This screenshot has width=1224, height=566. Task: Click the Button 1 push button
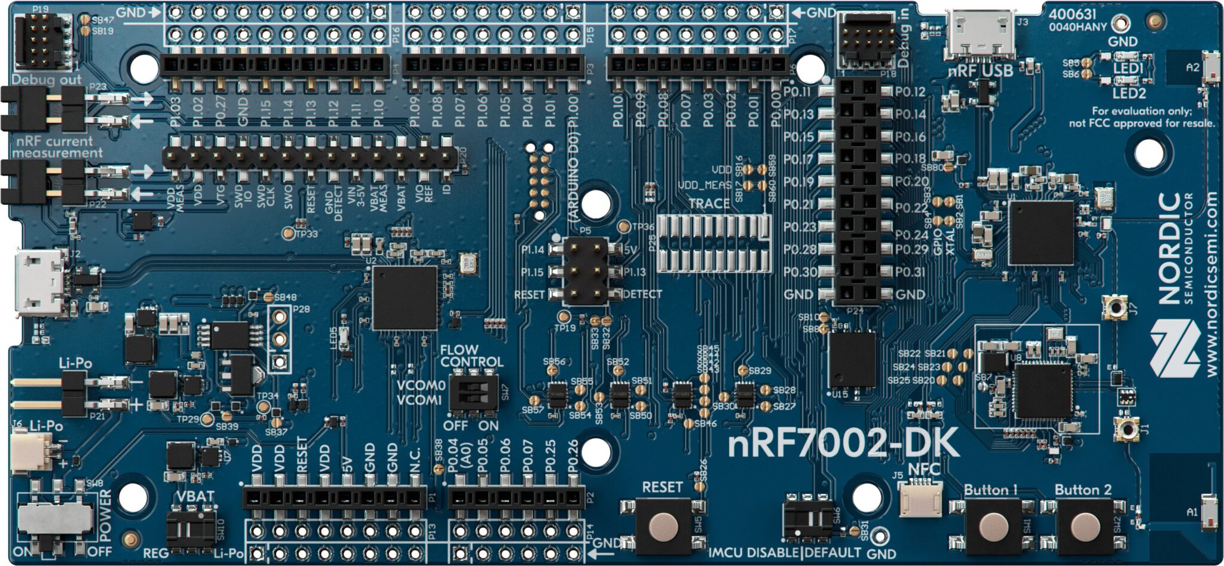point(993,525)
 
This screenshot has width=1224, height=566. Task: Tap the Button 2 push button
point(1085,525)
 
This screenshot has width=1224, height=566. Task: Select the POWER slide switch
point(55,518)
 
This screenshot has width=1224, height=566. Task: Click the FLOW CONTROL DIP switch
point(474,393)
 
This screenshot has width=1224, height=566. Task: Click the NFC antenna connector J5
point(921,498)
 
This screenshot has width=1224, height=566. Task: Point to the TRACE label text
point(709,204)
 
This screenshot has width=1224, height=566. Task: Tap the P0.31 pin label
point(911,273)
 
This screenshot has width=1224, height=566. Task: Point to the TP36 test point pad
point(623,227)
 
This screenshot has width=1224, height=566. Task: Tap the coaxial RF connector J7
point(1113,306)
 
